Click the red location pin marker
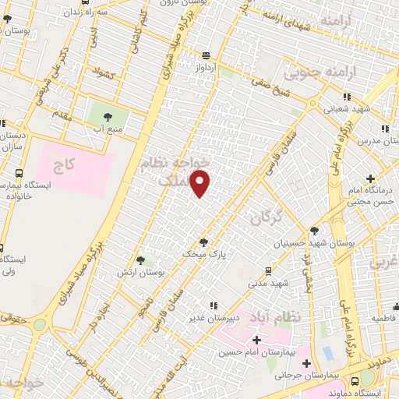pos(200,183)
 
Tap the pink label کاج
pos(63,165)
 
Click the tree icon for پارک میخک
pos(204,242)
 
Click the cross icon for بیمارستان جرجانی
pos(307,363)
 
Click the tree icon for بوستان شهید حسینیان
pos(313,231)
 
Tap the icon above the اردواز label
pos(206,55)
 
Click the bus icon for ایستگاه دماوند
pos(355,381)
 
